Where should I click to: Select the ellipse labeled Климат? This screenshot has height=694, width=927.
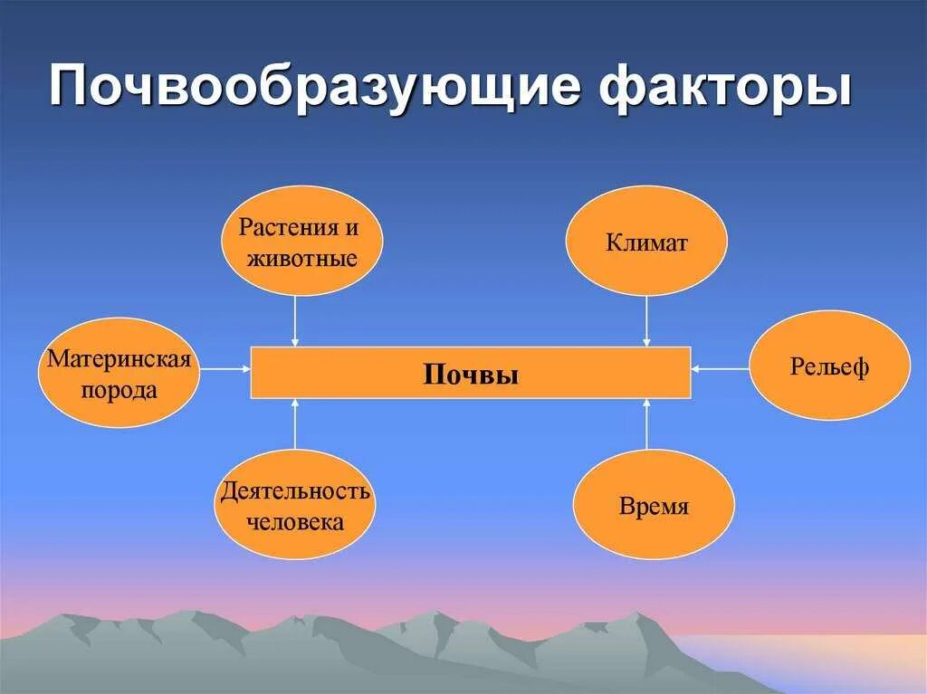(x=646, y=241)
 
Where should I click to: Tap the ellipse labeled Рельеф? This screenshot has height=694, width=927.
(x=829, y=366)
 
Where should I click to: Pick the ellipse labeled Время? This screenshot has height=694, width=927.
(x=654, y=504)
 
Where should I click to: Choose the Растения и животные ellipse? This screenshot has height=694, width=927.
(x=302, y=241)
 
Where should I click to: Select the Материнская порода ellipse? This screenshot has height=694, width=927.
(x=119, y=372)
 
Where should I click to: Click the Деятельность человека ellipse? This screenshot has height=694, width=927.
(x=295, y=504)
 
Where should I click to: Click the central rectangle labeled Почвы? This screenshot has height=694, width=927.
(x=471, y=373)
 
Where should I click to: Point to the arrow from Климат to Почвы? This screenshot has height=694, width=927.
(x=646, y=320)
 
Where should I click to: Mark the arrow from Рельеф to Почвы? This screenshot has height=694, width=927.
(x=721, y=368)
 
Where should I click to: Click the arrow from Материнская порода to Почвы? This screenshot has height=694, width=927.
(x=225, y=368)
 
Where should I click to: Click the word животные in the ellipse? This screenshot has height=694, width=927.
(x=302, y=259)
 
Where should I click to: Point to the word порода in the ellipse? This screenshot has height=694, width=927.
(x=119, y=390)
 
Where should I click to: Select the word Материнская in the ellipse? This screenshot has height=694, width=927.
(x=119, y=359)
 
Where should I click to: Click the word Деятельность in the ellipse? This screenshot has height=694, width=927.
(x=295, y=491)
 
